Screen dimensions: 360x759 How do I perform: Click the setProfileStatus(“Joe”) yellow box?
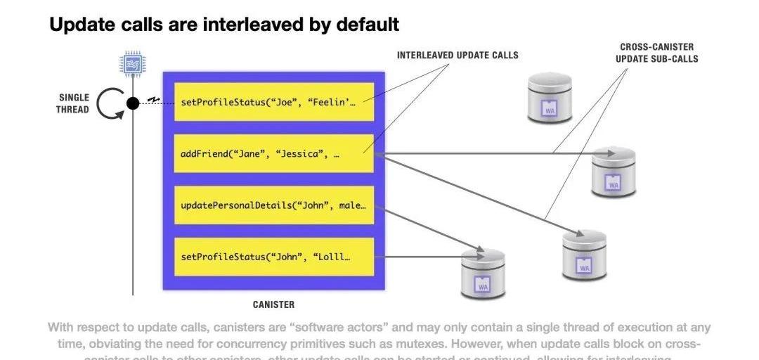pyautogui.click(x=273, y=102)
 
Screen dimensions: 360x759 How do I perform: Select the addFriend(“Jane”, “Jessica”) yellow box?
pyautogui.click(x=273, y=153)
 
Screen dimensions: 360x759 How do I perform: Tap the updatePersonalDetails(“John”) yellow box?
pyautogui.click(x=273, y=205)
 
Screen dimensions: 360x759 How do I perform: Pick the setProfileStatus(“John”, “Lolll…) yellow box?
pyautogui.click(x=273, y=257)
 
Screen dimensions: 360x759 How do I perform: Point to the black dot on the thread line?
pyautogui.click(x=132, y=103)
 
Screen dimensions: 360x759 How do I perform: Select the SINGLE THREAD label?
pyautogui.click(x=73, y=104)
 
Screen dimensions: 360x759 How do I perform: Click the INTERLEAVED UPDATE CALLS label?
pyautogui.click(x=458, y=56)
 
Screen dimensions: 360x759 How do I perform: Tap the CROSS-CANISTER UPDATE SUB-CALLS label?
pyautogui.click(x=656, y=53)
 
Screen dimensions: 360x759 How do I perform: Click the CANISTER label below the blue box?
pyautogui.click(x=273, y=304)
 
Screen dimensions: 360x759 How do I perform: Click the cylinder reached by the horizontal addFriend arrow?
pyautogui.click(x=613, y=172)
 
